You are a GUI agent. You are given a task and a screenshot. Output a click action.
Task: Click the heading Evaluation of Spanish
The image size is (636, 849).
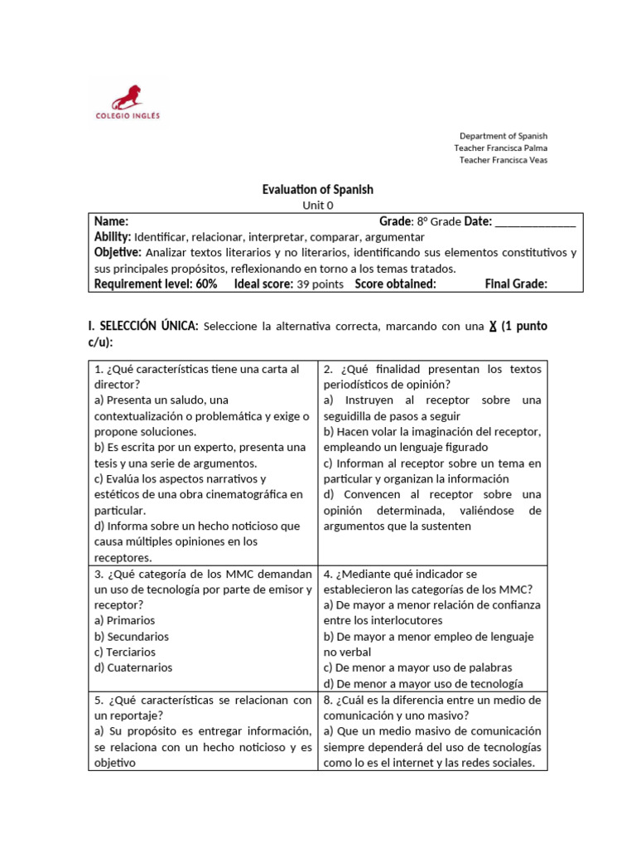click(x=317, y=190)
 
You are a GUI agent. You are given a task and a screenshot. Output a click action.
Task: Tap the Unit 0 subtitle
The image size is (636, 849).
click(x=317, y=206)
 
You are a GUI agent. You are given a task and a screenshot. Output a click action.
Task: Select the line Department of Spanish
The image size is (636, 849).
click(x=503, y=135)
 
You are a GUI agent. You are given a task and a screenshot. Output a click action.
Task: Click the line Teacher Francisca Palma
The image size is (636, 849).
click(x=500, y=148)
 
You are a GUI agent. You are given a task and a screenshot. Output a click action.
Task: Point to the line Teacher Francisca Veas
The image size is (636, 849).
click(x=503, y=160)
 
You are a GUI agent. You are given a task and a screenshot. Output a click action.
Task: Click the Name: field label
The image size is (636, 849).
click(x=111, y=221)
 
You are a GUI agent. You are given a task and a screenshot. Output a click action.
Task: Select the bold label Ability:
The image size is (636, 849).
click(x=113, y=237)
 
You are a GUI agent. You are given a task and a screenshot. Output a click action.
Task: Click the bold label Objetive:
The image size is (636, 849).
click(x=118, y=253)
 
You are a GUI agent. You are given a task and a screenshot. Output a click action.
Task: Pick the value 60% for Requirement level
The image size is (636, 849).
click(x=206, y=284)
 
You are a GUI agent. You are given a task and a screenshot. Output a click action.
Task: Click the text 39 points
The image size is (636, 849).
click(x=320, y=284)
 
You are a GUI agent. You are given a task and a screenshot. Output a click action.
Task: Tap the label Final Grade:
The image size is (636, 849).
click(x=516, y=284)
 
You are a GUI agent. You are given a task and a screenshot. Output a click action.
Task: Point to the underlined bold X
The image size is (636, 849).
click(x=492, y=327)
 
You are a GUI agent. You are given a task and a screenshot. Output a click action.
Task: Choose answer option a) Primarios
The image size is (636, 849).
click(x=125, y=620)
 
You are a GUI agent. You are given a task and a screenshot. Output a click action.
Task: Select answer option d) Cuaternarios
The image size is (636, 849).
click(x=134, y=667)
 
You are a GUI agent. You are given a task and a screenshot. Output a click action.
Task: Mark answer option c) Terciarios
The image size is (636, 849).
click(x=127, y=652)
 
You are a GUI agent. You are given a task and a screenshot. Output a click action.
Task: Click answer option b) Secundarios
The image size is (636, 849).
click(x=132, y=636)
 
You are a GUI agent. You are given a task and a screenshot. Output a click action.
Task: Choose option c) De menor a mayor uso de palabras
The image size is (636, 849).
click(x=417, y=667)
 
